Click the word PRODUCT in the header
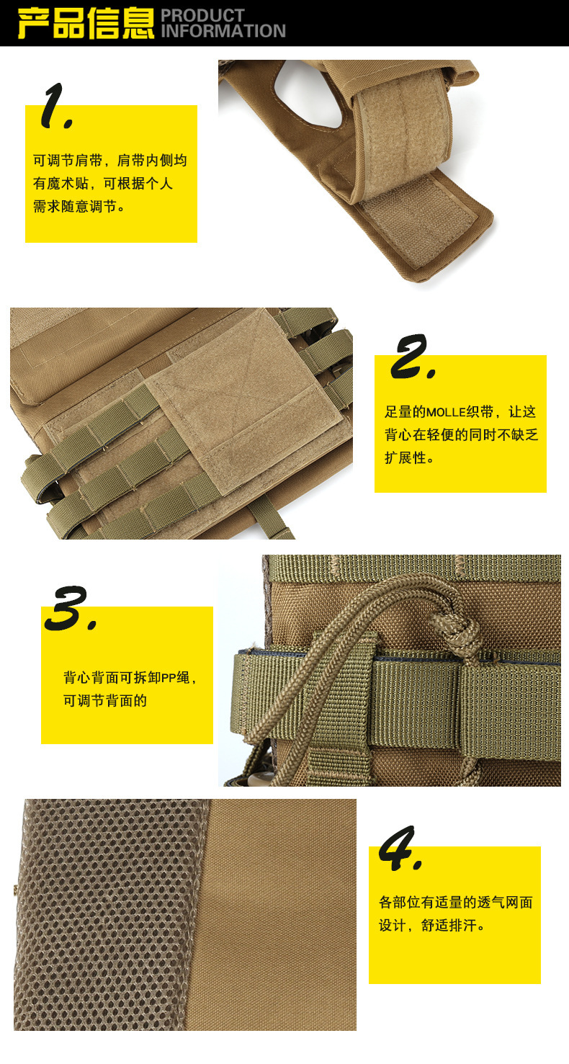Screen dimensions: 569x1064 tap(203, 15)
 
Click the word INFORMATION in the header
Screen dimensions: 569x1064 tap(223, 32)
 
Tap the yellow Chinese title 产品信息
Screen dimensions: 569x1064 tap(86, 23)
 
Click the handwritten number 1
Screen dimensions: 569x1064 tap(56, 106)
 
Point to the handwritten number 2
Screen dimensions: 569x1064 tap(412, 357)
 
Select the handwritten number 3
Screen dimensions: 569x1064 tap(71, 609)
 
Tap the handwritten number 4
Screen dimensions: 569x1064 tap(400, 849)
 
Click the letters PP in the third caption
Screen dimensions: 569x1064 tap(169, 678)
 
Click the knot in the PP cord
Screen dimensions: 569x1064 tap(457, 631)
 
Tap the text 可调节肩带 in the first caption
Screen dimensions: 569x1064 tap(68, 160)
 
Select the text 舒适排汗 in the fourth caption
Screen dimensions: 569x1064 tap(449, 925)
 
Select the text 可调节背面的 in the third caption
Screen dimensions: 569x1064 tap(105, 701)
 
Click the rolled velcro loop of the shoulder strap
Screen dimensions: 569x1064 tap(404, 138)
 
